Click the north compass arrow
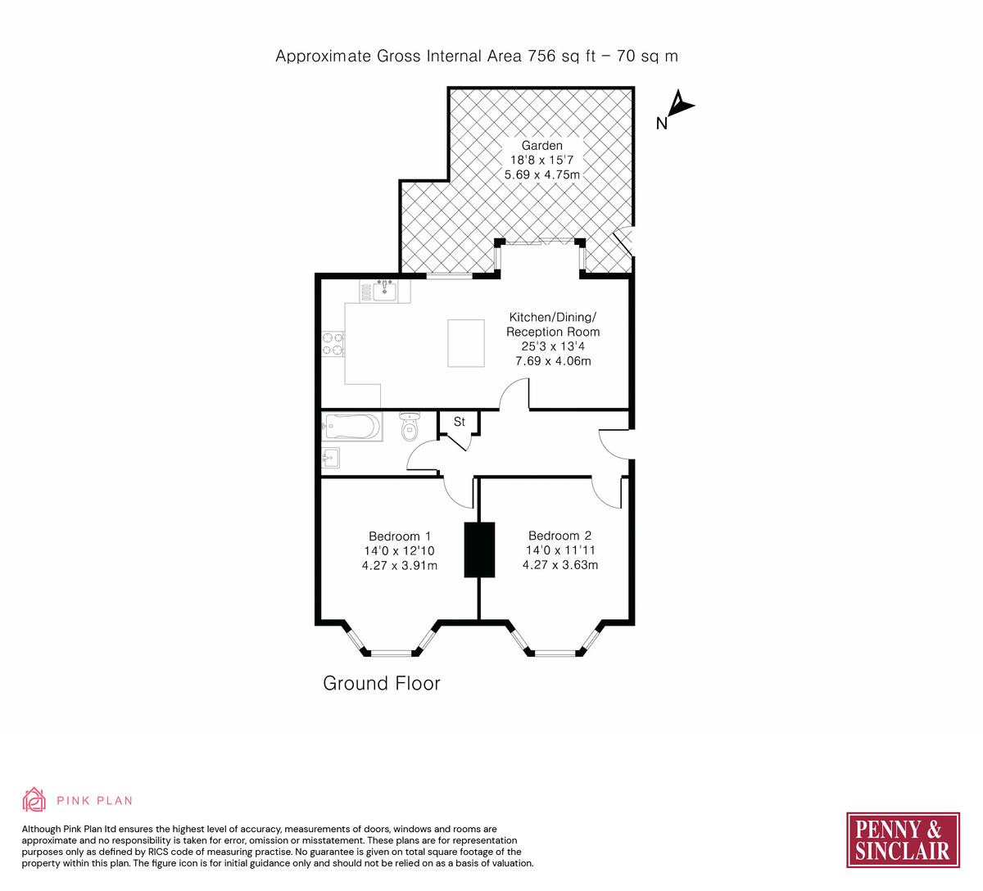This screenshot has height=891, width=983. (679, 103)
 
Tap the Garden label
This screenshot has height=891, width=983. (541, 146)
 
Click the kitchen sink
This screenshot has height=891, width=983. (385, 291)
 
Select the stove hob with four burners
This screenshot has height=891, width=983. (333, 344)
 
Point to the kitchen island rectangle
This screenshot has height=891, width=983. (466, 343)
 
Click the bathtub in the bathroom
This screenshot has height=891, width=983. (352, 427)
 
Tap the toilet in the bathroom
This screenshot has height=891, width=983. (410, 426)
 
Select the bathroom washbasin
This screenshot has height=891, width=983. (331, 459)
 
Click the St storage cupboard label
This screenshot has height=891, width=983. (460, 422)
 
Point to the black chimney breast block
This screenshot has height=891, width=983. (479, 550)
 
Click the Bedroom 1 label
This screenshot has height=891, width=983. (400, 536)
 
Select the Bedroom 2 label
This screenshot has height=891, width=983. (560, 536)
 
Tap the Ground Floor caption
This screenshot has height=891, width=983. (382, 683)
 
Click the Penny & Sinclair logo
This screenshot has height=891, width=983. (903, 840)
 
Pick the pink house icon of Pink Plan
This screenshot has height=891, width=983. (34, 799)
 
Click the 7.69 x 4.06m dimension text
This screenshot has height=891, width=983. (553, 361)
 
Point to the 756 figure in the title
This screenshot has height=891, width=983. (541, 57)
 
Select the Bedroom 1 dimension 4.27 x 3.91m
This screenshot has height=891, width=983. (400, 566)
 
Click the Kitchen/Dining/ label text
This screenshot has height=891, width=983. (553, 317)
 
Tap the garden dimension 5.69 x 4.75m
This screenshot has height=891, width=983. (542, 174)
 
